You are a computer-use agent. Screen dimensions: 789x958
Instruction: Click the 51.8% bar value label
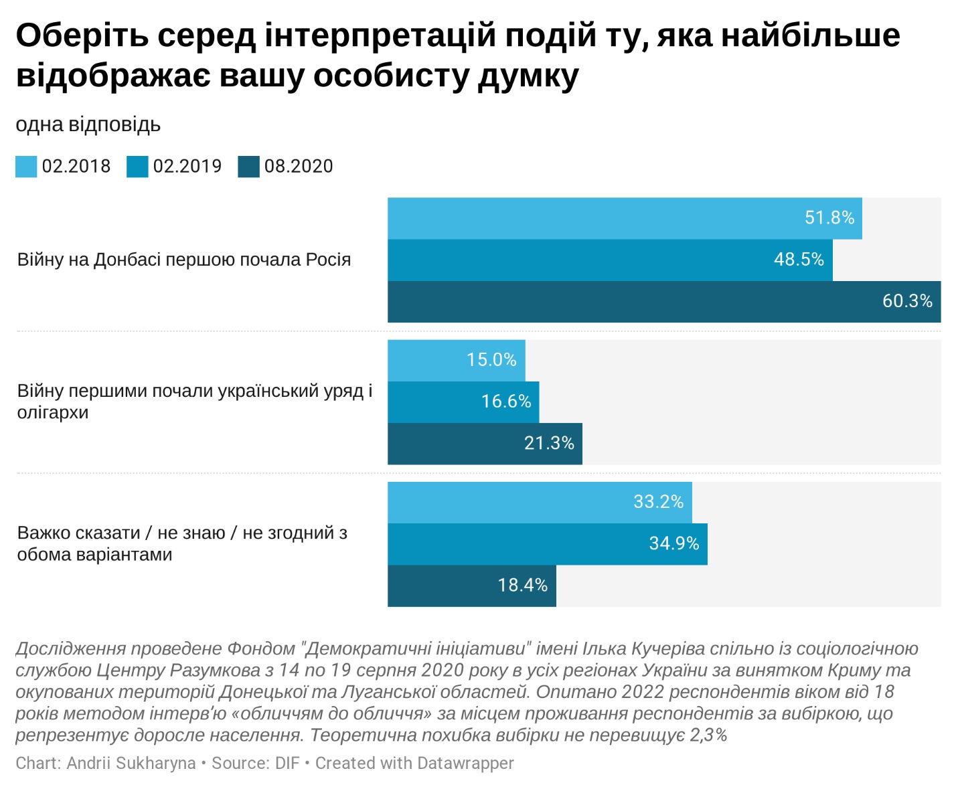829,218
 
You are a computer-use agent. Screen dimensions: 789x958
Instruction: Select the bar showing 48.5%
609,260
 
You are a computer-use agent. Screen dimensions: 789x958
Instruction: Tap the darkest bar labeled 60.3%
663,302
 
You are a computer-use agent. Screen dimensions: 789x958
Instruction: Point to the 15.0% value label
491,360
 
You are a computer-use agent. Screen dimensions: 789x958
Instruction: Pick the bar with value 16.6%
462,402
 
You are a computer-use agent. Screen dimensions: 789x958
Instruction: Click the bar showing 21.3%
484,443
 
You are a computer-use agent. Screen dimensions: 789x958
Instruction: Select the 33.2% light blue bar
539,502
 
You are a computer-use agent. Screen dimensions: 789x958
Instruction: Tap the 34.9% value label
673,543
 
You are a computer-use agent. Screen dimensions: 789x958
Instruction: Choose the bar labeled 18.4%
471,586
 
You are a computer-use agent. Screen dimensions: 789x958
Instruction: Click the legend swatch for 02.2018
26,167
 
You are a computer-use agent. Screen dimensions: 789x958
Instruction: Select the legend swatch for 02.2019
137,167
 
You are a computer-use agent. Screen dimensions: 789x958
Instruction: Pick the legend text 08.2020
299,166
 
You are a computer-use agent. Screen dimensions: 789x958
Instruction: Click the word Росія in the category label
328,260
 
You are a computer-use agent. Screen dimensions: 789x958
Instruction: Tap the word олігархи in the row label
53,412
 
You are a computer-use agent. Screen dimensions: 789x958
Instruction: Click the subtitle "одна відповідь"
88,124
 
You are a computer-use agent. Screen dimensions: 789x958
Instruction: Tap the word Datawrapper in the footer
465,763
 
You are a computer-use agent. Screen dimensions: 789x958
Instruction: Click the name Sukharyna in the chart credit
155,763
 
